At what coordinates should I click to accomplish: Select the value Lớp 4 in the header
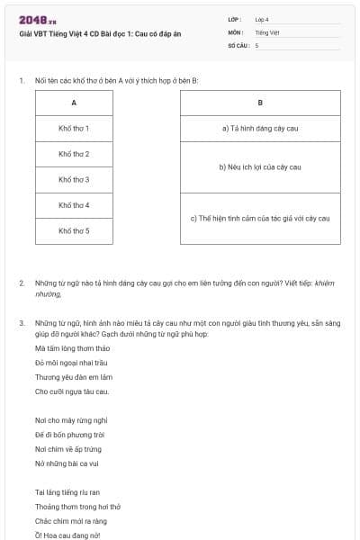[262, 19]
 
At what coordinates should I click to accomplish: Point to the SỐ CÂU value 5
[256, 44]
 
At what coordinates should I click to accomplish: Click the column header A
[74, 103]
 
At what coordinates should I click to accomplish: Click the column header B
[260, 103]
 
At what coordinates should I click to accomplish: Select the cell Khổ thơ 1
[74, 129]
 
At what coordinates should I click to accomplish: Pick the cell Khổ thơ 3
[74, 180]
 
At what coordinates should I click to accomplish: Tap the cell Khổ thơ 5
[74, 231]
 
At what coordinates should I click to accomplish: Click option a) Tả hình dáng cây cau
[260, 129]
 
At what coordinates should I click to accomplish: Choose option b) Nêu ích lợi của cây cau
[260, 167]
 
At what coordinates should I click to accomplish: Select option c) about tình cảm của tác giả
[260, 219]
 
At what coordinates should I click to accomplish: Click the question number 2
[22, 283]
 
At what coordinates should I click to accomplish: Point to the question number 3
[22, 321]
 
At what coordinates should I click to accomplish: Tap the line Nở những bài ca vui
[67, 463]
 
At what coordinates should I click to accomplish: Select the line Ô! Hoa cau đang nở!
[67, 535]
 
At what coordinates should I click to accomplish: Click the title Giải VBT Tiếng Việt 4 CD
[100, 33]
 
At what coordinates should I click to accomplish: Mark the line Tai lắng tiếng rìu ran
[67, 492]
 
